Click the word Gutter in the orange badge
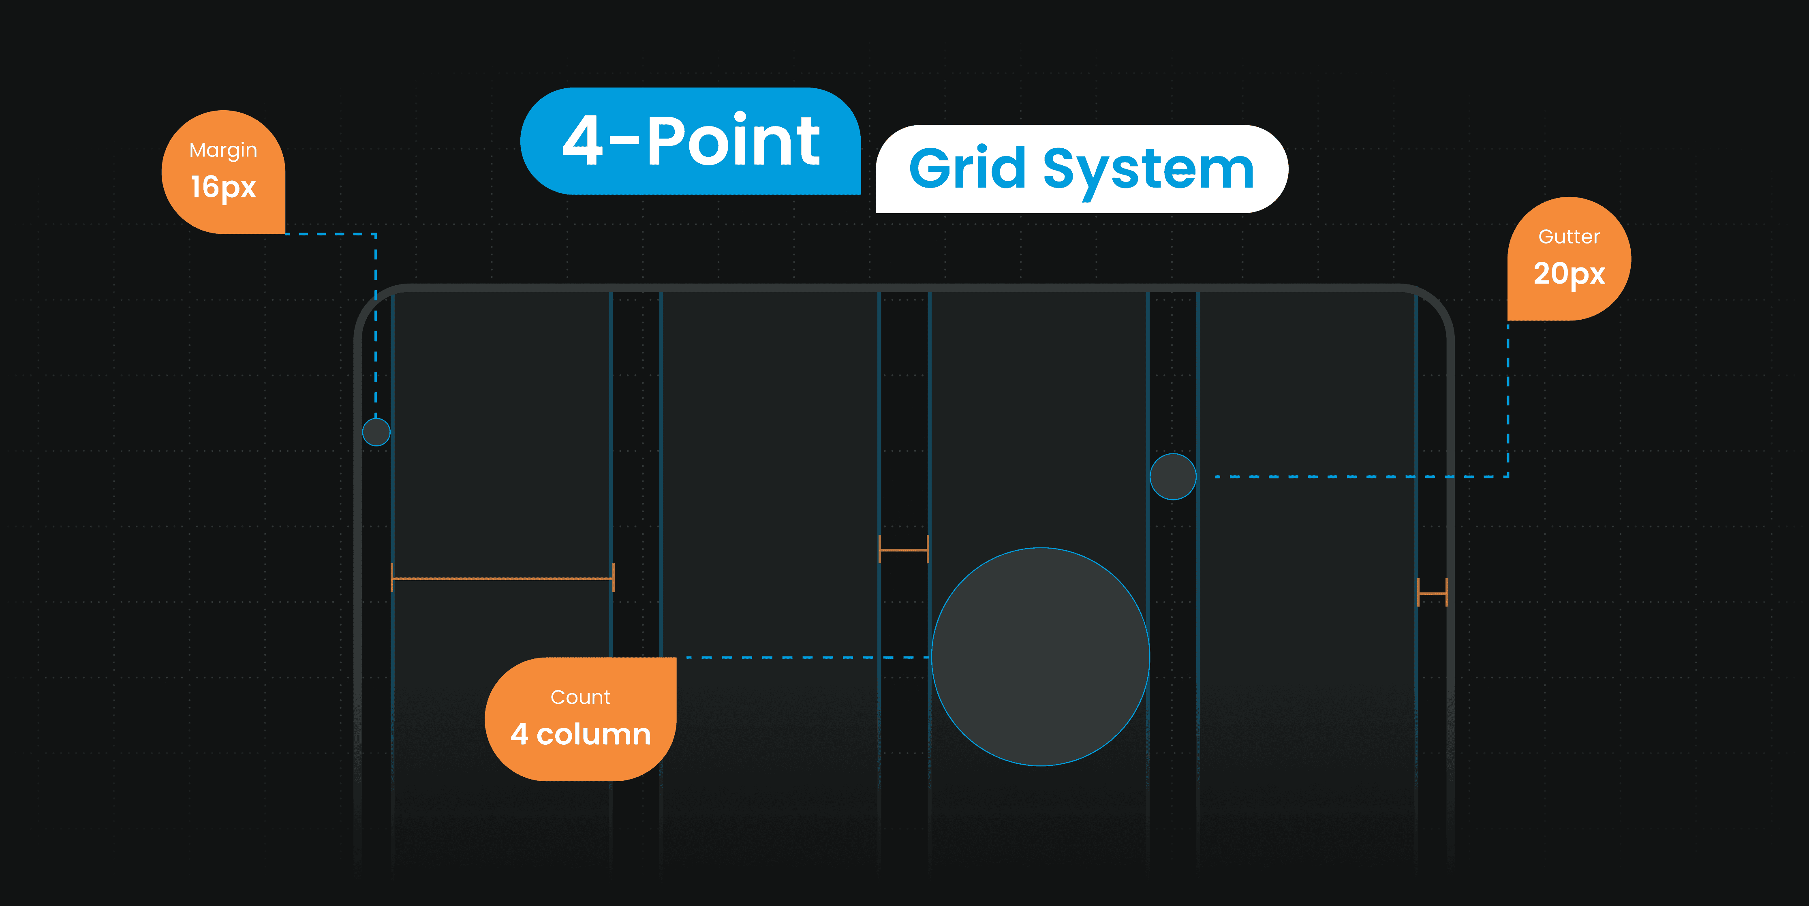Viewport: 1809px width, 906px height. point(1569,237)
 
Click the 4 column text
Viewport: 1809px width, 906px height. point(581,734)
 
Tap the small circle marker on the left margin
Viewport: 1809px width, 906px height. point(376,432)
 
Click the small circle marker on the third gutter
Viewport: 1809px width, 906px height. point(1173,477)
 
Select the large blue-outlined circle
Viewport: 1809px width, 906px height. point(1041,657)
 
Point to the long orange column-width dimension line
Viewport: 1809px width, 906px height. point(503,578)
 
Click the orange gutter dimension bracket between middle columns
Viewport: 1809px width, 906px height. point(904,549)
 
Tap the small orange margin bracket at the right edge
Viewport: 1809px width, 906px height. point(1433,593)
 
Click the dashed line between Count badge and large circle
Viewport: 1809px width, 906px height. point(808,657)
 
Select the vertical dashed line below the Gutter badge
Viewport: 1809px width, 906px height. point(1508,400)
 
